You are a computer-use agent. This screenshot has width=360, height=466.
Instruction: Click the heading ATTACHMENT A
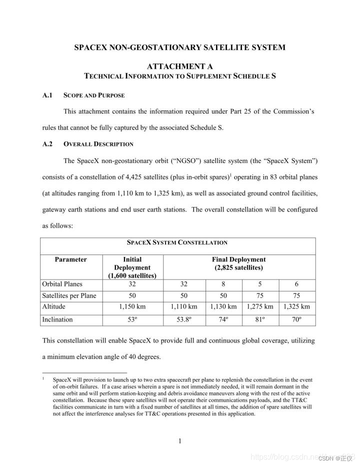click(x=179, y=66)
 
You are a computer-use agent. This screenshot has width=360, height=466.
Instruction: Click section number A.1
click(x=48, y=95)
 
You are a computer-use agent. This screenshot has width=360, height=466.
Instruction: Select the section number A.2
click(x=48, y=144)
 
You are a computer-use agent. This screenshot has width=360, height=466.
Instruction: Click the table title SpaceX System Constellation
click(x=177, y=242)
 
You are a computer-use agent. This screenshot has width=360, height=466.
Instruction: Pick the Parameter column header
click(x=71, y=259)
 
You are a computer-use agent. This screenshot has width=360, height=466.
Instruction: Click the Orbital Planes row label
click(x=62, y=284)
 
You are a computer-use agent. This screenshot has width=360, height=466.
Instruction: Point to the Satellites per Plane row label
click(x=69, y=295)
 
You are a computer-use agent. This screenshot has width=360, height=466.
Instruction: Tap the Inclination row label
click(x=57, y=319)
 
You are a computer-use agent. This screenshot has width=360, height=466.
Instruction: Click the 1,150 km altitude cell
click(x=132, y=306)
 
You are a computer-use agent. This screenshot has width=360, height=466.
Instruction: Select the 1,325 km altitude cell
click(x=296, y=306)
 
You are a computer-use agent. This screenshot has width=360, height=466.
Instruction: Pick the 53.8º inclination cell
click(x=184, y=319)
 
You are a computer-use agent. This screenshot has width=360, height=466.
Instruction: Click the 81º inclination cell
click(x=260, y=319)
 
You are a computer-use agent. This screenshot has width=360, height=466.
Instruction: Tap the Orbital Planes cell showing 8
click(x=223, y=284)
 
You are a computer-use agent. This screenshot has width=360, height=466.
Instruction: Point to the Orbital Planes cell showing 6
click(x=296, y=284)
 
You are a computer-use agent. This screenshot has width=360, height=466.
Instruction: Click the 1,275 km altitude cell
click(x=260, y=306)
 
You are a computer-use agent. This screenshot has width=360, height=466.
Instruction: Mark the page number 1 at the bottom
click(x=179, y=440)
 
